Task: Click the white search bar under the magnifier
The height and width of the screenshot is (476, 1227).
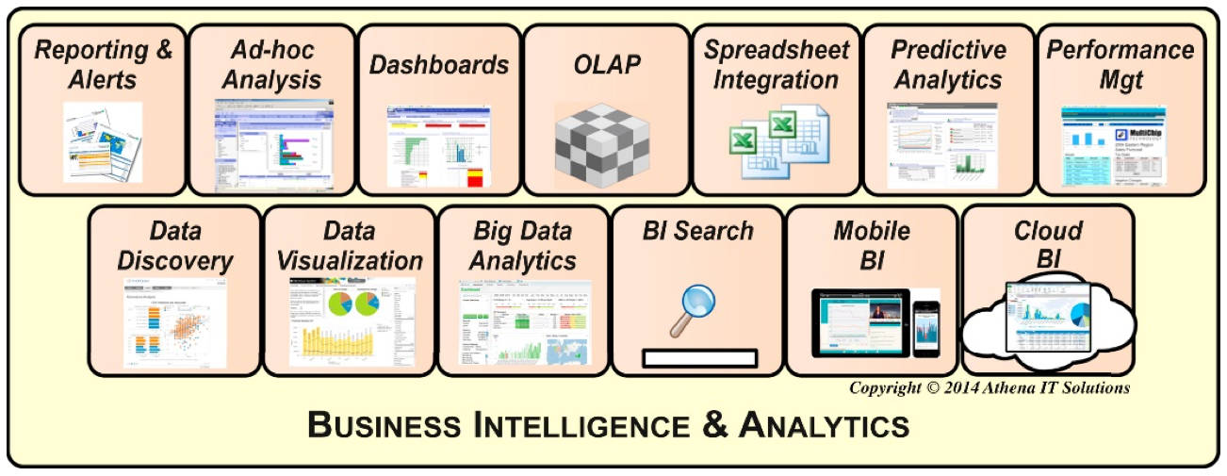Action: click(699, 358)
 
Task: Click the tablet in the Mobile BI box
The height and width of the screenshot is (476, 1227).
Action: click(861, 320)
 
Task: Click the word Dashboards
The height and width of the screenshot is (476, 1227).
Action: click(439, 65)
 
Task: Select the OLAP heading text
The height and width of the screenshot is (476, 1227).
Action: click(607, 65)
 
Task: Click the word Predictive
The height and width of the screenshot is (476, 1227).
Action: click(948, 50)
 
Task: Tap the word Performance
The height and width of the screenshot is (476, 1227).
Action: click(1120, 50)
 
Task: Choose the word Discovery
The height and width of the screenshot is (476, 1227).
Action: click(176, 261)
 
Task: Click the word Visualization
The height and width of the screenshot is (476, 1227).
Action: click(351, 261)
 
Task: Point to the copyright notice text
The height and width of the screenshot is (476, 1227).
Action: click(990, 387)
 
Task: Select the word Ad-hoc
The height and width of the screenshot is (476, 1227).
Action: click(272, 50)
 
